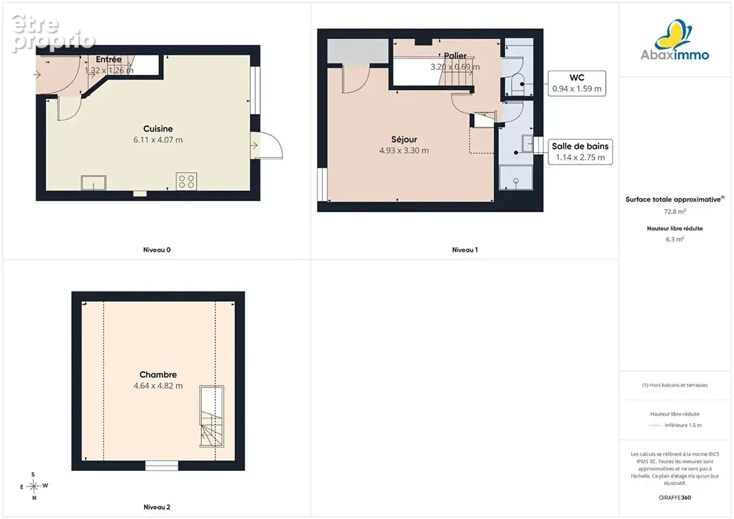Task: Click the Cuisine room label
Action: click(158, 128)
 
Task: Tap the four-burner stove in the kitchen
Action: click(186, 181)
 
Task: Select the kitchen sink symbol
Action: click(93, 182)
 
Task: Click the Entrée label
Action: click(108, 60)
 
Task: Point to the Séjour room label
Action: click(404, 139)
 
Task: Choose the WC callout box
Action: click(577, 83)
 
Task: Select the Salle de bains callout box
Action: click(580, 152)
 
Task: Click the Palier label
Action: click(455, 56)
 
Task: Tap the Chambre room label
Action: click(158, 374)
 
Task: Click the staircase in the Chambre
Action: click(212, 416)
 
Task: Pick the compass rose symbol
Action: click(34, 487)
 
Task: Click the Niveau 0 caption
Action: click(157, 250)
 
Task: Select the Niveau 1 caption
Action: click(465, 250)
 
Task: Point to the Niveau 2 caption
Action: click(157, 507)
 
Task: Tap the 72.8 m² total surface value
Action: click(674, 211)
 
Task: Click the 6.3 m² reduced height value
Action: click(674, 239)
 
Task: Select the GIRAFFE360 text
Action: click(674, 498)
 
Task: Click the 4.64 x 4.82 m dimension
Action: click(158, 385)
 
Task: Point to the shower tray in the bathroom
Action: click(516, 178)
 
